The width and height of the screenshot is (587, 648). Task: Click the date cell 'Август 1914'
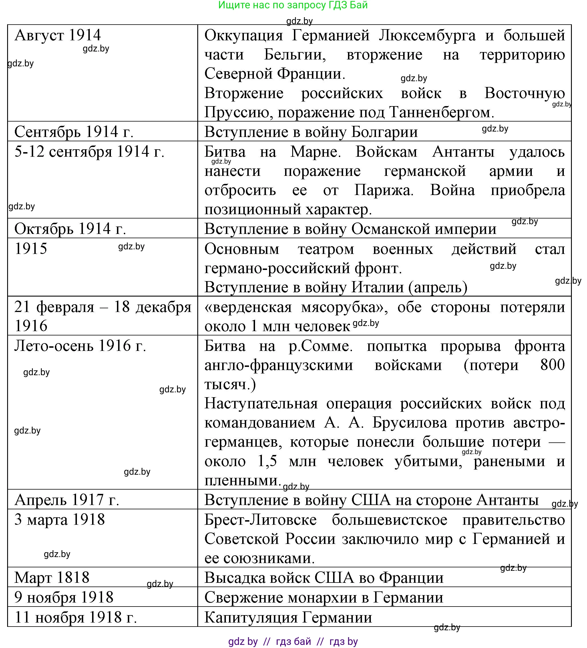pos(58,35)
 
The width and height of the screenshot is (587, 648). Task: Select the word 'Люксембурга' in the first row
pos(427,35)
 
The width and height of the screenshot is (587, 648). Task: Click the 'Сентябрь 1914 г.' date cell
pos(74,132)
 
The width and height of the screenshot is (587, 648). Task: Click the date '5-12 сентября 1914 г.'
pos(89,151)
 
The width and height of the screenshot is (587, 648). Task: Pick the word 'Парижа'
pos(383,190)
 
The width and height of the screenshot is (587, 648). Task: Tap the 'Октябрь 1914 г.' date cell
pos(70,229)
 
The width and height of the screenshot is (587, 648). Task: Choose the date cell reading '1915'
pos(31,249)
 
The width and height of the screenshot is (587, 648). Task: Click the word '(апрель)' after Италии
pos(438,287)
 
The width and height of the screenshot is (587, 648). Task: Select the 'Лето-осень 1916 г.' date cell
pos(80,346)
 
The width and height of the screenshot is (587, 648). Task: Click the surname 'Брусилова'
pos(409,423)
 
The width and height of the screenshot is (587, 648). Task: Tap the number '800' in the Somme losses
pos(552,365)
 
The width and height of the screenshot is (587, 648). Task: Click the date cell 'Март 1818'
pos(52,578)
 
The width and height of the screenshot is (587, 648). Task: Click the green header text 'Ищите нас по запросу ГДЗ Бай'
pos(293,5)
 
